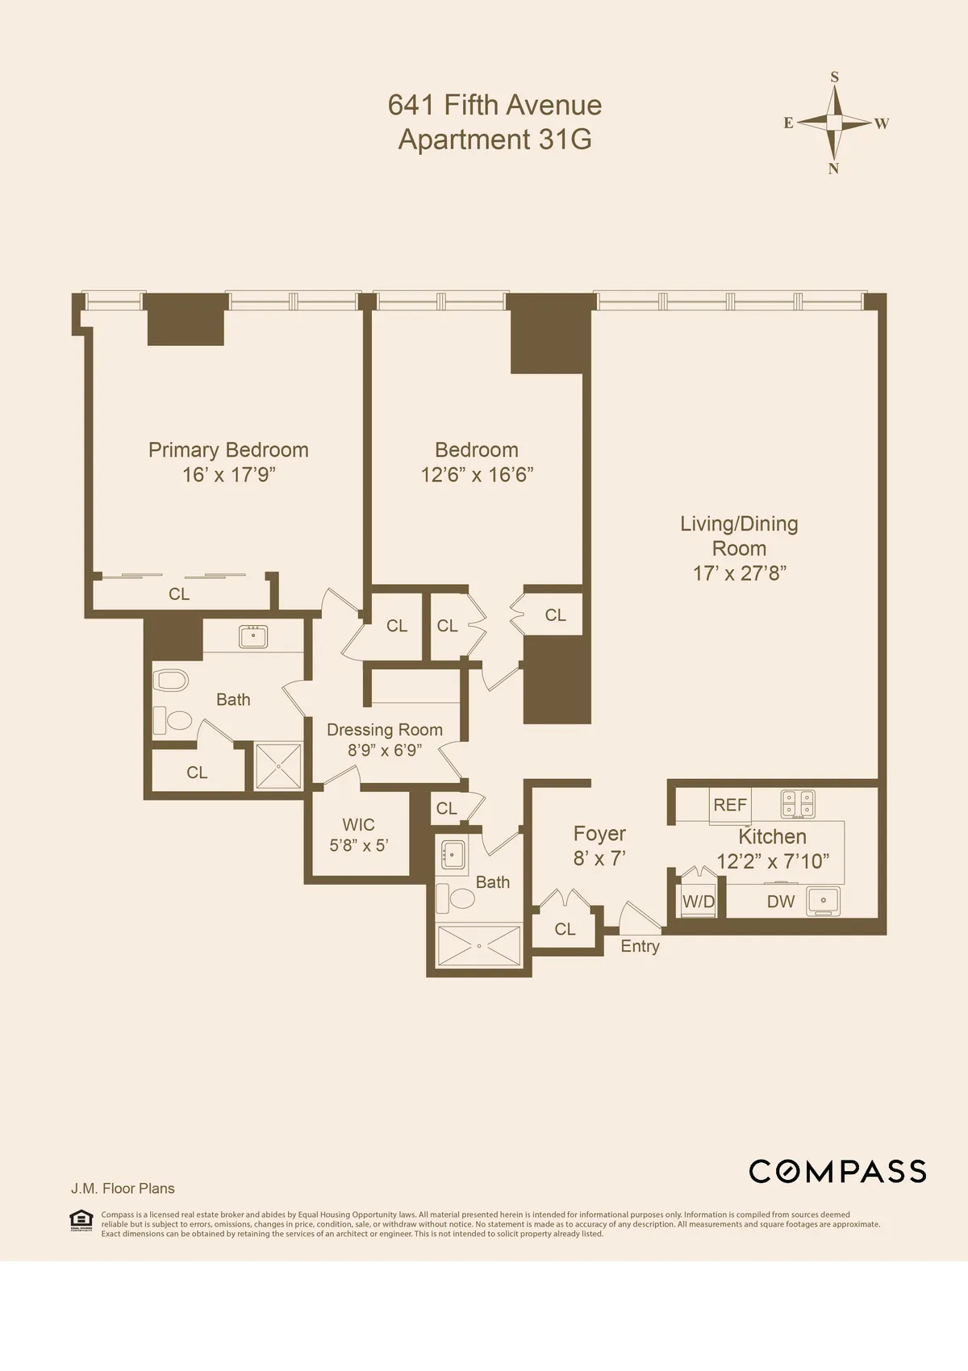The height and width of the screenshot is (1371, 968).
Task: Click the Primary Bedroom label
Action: [228, 450]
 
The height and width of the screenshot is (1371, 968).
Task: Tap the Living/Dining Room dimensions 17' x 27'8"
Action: [739, 573]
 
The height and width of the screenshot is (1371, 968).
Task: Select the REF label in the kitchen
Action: [730, 805]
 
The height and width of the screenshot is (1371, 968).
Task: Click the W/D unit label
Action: [698, 902]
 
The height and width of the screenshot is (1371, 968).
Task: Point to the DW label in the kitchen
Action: [780, 902]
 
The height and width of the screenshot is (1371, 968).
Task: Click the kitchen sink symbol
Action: [823, 900]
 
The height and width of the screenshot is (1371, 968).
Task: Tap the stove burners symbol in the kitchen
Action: [798, 803]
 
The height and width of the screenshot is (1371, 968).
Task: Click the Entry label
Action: [640, 946]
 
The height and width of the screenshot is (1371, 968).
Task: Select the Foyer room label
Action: [599, 834]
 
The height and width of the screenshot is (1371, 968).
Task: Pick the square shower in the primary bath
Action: [278, 766]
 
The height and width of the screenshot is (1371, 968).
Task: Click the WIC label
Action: [358, 824]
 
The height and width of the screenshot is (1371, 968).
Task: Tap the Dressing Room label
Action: [384, 730]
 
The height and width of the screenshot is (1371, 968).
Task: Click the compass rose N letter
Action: [834, 169]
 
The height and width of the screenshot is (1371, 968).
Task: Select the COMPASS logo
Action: [837, 1172]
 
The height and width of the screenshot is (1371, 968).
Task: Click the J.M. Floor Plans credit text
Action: [123, 1188]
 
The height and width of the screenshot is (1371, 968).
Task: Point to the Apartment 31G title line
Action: [494, 140]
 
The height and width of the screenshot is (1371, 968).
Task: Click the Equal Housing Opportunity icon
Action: [81, 1221]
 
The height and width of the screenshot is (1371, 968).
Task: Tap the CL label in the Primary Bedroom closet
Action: [179, 594]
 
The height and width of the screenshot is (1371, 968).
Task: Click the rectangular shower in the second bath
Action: [478, 945]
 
